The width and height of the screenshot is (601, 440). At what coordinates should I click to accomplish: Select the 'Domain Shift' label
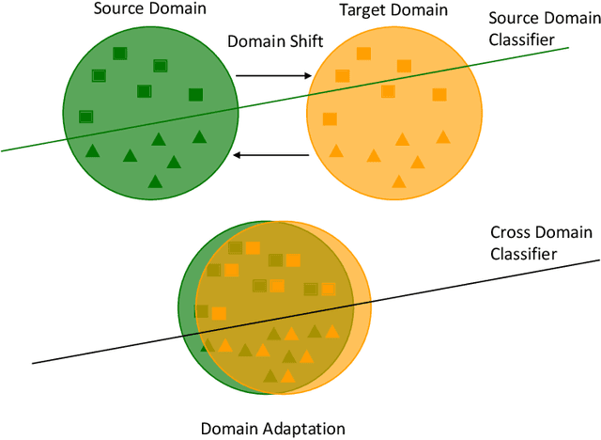[x=271, y=41]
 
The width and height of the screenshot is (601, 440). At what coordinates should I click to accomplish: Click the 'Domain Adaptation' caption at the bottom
[x=273, y=429]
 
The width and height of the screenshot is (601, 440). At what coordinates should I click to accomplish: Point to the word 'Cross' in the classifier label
[x=512, y=232]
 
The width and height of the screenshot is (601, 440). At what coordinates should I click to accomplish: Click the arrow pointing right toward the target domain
[x=273, y=75]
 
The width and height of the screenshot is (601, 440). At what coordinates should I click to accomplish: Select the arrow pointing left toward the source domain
[x=272, y=155]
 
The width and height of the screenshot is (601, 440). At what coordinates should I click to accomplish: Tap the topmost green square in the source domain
[x=119, y=55]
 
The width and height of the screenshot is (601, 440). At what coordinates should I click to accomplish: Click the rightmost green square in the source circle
[x=195, y=94]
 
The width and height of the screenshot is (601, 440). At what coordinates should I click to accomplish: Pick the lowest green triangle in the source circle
[x=155, y=181]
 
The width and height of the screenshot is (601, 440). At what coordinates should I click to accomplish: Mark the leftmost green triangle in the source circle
[x=92, y=150]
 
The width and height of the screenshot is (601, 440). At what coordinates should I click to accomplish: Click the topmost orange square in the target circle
[x=363, y=55]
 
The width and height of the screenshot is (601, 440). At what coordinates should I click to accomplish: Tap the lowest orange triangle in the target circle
[x=399, y=181]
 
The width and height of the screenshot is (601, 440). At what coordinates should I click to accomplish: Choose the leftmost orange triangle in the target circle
[x=336, y=150]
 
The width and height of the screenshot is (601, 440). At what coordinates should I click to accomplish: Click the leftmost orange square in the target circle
[x=330, y=118]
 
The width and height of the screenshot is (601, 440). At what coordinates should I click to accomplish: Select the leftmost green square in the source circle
[x=85, y=117]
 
